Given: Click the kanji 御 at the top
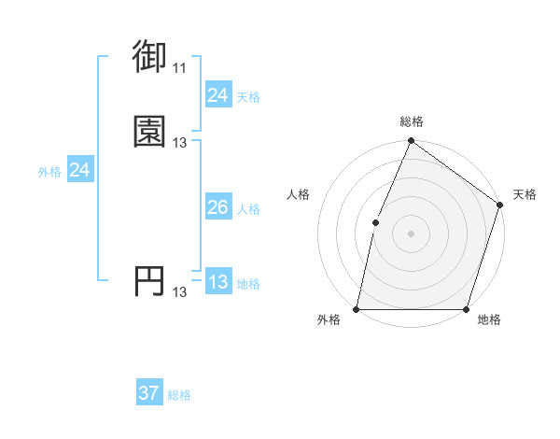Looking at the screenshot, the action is coord(150,57).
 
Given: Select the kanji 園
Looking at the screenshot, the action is coord(150,131).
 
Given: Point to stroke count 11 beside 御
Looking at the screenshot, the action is coord(179,68).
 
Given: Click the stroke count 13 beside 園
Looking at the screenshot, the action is coord(179,143).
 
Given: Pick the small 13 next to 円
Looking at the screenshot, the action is coord(179,292).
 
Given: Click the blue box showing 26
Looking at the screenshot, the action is coord(217,207).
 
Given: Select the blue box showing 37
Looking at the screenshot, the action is coord(149,393).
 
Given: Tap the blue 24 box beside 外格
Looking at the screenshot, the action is coord(80,170).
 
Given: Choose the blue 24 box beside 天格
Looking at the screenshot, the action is coord(217,95).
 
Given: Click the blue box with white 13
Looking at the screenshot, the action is coord(217,282).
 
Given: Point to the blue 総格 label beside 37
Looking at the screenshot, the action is coord(179,395).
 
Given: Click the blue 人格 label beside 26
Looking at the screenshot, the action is coord(248,209).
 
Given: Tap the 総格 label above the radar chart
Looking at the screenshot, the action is coord(411,121).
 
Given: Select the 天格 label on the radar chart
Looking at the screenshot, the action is coord(525,194).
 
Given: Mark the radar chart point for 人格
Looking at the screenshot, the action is coord(375,222).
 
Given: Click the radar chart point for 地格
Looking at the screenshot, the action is coord(467,309).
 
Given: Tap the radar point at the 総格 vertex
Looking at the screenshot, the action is coord(411,141).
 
